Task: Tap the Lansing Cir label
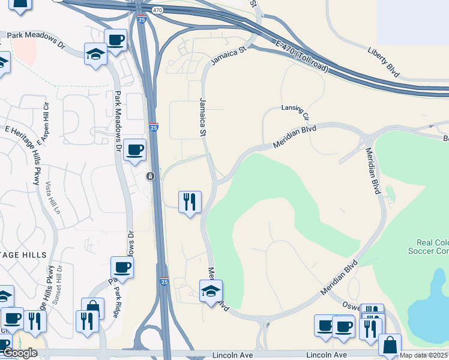tap(295, 110)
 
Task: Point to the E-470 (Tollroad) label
tap(303, 57)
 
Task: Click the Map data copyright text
tap(424, 355)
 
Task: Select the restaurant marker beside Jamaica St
tap(190, 202)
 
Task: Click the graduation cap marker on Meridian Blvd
tap(211, 290)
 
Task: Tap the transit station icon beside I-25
tap(150, 176)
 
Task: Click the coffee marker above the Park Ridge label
tap(122, 267)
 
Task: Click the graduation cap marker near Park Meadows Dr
tap(95, 53)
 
